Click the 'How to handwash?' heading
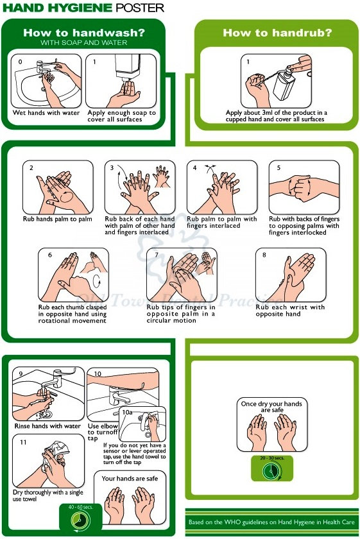pyautogui.click(x=84, y=33)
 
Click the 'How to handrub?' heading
pyautogui.click(x=277, y=33)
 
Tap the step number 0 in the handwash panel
pyautogui.click(x=21, y=62)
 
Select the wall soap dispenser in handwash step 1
pyautogui.click(x=128, y=67)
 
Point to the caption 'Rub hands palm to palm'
pyautogui.click(x=57, y=219)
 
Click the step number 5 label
pyautogui.click(x=279, y=167)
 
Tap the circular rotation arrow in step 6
pyautogui.click(x=97, y=281)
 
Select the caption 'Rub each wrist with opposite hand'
pyautogui.click(x=290, y=311)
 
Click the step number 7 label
pyautogui.click(x=157, y=255)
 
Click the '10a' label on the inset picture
pyautogui.click(x=127, y=412)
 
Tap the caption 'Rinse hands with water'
pyautogui.click(x=47, y=426)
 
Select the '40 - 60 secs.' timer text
pyautogui.click(x=80, y=507)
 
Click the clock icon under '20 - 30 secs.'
pyautogui.click(x=271, y=470)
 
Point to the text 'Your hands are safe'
pyautogui.click(x=130, y=479)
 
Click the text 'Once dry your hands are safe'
pyautogui.click(x=271, y=407)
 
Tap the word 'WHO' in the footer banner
pyautogui.click(x=232, y=522)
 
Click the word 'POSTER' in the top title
pyautogui.click(x=140, y=8)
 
